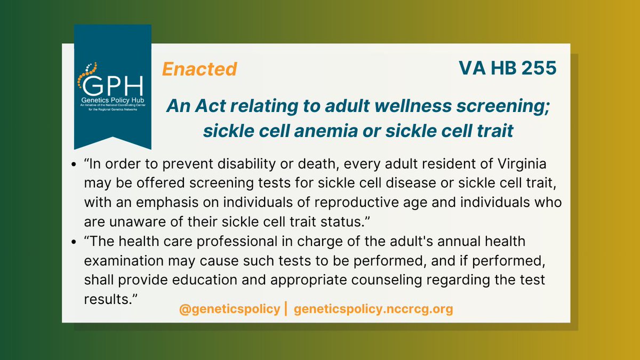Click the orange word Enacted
coord(199,69)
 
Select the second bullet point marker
coord(74,243)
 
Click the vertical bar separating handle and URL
coord(286,309)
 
